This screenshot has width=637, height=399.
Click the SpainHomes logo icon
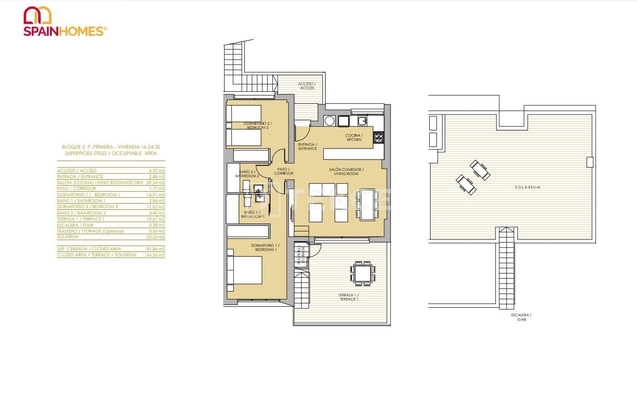(x=38, y=15)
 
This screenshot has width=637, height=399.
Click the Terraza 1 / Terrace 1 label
(x=348, y=297)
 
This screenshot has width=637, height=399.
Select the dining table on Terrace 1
(x=363, y=274)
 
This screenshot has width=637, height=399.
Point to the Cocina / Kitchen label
(x=353, y=138)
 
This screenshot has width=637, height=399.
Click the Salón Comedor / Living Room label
(x=346, y=171)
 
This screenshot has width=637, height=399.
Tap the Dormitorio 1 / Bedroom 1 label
(x=265, y=248)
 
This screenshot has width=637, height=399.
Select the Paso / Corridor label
(x=283, y=171)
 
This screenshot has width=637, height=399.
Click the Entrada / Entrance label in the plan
(x=307, y=146)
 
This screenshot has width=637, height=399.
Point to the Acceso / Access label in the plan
(x=307, y=86)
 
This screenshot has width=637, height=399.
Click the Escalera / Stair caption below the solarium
(x=522, y=317)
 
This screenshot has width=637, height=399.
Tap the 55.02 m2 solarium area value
(x=156, y=237)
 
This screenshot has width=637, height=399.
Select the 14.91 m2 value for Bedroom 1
(x=156, y=195)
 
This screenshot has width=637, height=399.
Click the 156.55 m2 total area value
(x=155, y=255)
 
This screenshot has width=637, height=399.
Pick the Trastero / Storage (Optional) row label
(x=90, y=231)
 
